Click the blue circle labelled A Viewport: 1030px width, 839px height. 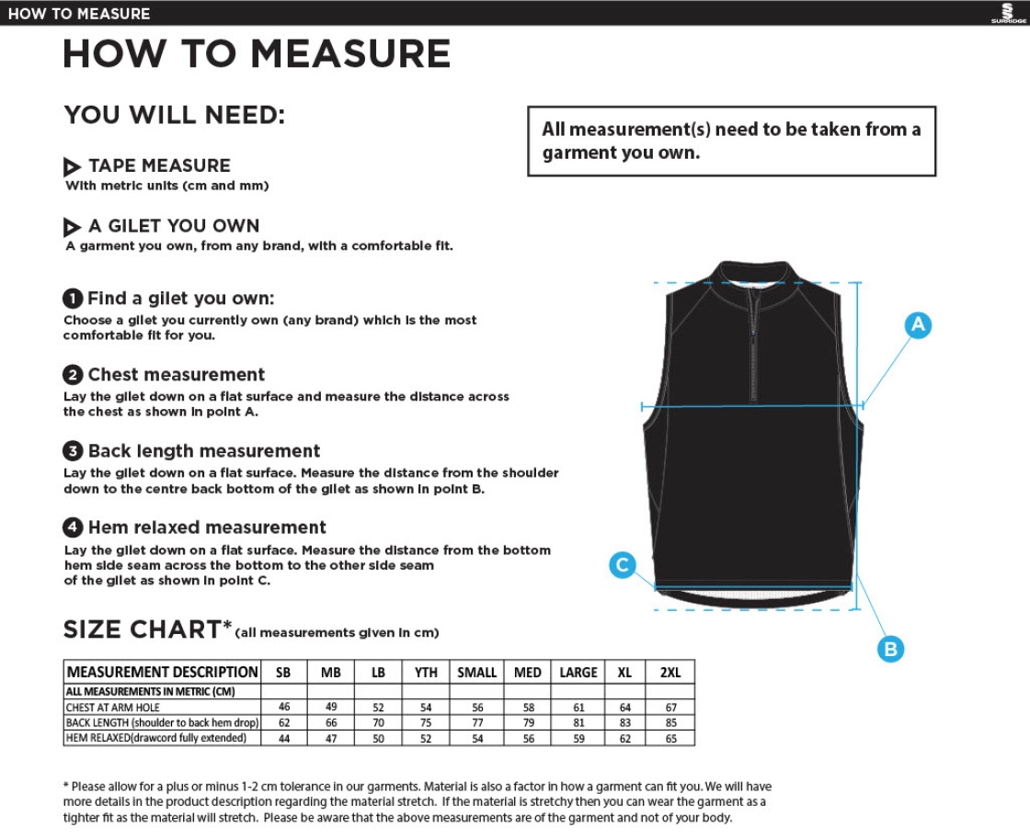918,324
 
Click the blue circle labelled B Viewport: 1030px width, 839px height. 889,649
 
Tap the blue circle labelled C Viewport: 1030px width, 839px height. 623,565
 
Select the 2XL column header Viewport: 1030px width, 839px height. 670,673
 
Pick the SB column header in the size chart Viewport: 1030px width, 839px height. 283,673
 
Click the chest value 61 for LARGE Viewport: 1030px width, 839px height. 578,707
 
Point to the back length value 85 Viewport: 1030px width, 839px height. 670,722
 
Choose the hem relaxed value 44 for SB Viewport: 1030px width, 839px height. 283,738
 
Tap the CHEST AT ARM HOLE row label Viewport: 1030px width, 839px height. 113,708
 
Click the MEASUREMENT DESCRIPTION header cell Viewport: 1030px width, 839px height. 162,673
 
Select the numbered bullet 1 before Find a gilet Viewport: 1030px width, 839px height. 73,299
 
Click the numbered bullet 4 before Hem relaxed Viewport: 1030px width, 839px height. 73,527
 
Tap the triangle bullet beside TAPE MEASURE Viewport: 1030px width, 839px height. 73,167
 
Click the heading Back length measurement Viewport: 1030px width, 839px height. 204,451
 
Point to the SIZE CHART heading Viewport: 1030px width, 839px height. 142,629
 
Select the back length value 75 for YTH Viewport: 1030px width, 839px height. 426,722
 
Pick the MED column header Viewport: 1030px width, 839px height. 527,673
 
